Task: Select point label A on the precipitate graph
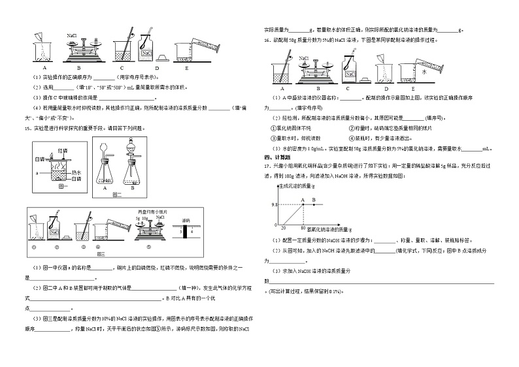[303, 199]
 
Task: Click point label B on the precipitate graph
[314, 199]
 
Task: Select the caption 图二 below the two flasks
[117, 195]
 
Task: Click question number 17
[268, 166]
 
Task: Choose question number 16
[268, 40]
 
